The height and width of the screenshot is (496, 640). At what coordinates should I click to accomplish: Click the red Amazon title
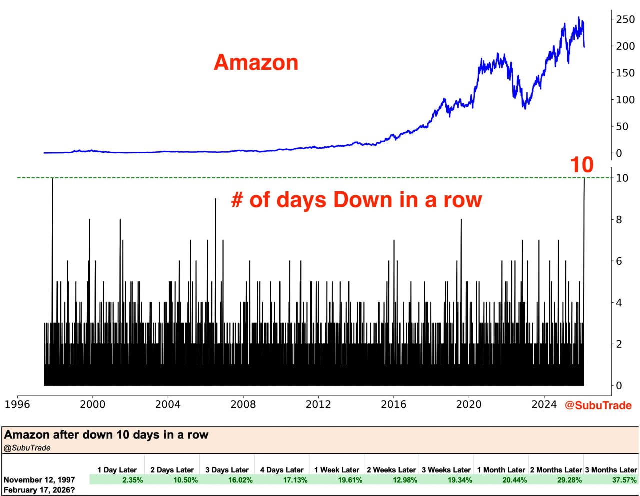[256, 63]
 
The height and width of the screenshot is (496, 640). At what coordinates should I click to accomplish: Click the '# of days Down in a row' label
[356, 200]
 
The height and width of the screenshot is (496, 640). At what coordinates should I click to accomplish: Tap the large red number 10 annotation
[582, 165]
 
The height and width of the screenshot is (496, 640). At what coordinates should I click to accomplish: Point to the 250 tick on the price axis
[625, 19]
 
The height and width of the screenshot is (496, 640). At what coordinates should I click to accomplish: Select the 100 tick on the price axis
[625, 100]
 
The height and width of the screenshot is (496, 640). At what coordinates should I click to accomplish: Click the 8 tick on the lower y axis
[619, 220]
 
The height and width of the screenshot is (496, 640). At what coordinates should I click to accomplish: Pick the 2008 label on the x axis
[243, 404]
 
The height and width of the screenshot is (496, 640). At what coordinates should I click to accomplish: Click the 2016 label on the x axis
[394, 404]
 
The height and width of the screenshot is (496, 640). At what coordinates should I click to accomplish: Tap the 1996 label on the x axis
[17, 404]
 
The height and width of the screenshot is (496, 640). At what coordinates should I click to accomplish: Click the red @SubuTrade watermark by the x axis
[598, 405]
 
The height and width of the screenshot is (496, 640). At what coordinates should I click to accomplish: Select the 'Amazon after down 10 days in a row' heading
[106, 435]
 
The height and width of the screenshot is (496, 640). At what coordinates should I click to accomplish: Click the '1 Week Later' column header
[336, 470]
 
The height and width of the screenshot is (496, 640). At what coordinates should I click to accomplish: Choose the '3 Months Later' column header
[611, 470]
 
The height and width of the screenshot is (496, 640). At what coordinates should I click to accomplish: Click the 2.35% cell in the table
[132, 480]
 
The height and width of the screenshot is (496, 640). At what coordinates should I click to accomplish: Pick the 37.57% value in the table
[624, 480]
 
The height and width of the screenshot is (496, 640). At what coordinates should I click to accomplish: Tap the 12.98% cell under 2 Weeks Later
[404, 480]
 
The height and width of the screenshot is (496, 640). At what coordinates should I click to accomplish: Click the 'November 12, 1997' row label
[39, 480]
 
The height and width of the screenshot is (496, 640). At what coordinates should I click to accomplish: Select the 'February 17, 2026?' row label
[39, 490]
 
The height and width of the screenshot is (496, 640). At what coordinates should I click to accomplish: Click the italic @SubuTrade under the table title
[27, 448]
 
